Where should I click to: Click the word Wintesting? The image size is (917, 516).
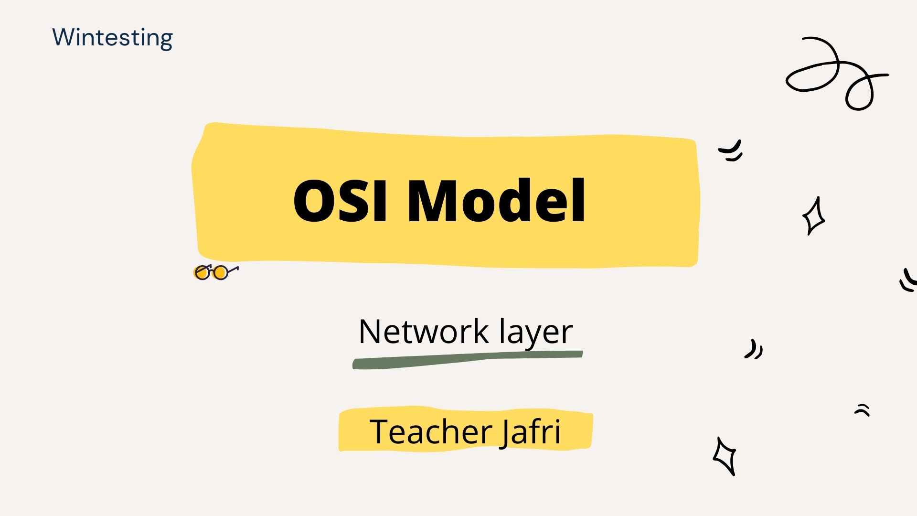coord(112,38)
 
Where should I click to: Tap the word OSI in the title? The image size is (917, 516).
coord(340,201)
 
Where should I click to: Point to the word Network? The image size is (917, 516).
coord(424,331)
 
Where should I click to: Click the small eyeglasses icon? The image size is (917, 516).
coord(216,272)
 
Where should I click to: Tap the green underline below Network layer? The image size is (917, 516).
coord(467,359)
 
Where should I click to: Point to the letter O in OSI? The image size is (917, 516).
coord(314,201)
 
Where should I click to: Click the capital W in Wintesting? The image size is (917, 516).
coord(65,37)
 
